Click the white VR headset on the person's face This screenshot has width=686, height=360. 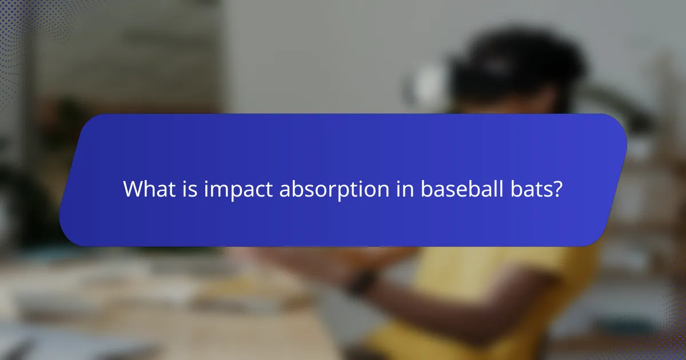(x=426, y=86)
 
